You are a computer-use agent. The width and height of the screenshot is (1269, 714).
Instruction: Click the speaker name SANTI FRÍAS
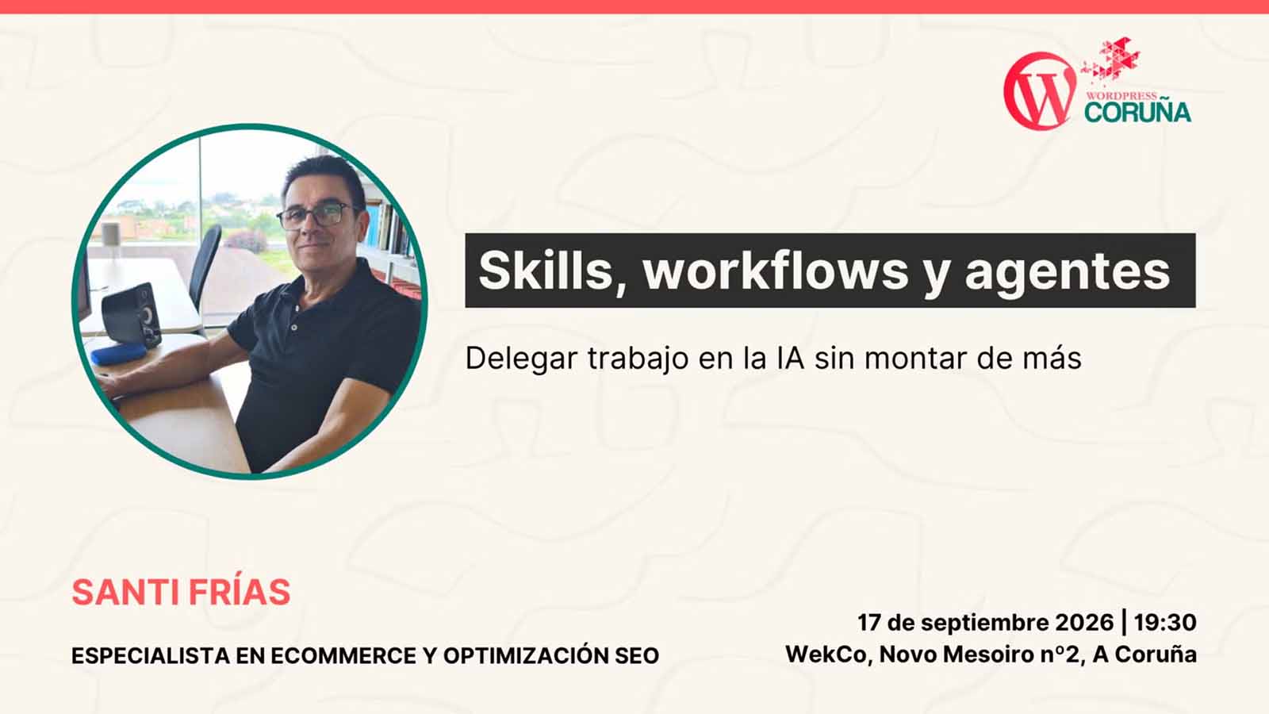pos(182,592)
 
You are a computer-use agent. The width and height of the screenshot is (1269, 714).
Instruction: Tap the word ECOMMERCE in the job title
pos(344,655)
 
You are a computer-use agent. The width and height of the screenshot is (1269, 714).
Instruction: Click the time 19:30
pos(1165,622)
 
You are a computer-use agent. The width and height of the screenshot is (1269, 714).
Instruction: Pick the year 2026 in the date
pos(1084,622)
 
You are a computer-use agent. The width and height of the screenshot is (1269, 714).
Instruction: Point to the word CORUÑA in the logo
pos(1137,112)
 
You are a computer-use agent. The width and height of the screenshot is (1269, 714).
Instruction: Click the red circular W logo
pos(1040,91)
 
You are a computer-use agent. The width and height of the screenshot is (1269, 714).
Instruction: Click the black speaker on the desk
pos(132,314)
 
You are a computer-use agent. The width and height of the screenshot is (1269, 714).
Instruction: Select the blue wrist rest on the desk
pos(119,353)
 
